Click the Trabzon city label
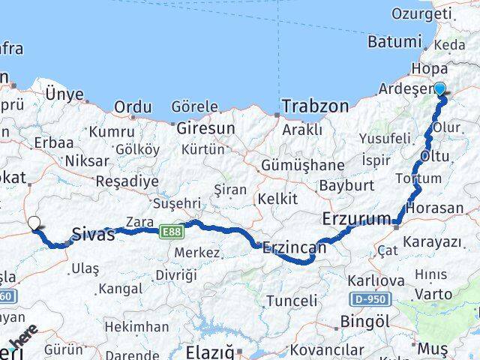click(x=316, y=106)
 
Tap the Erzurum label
click(x=355, y=220)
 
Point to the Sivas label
click(x=94, y=234)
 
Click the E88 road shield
click(x=171, y=232)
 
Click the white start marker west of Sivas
click(x=34, y=223)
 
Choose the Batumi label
click(x=394, y=42)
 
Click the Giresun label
click(x=205, y=128)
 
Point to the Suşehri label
click(x=177, y=203)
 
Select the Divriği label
click(x=176, y=274)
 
